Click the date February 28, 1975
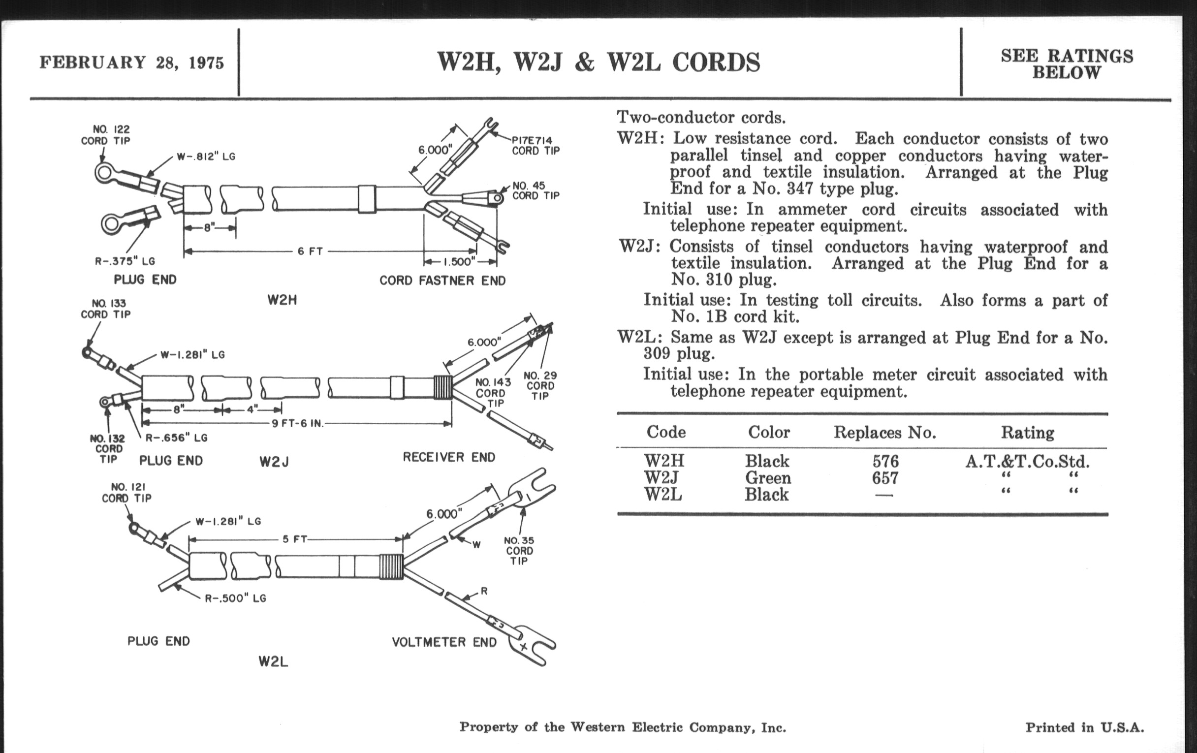pos(132,63)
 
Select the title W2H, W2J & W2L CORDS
pos(598,63)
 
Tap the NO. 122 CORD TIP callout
pos(105,135)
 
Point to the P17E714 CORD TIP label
pos(535,146)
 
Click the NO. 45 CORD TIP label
pos(535,191)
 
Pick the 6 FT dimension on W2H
pos(310,251)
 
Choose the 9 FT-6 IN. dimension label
pos(298,424)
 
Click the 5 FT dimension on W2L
pos(295,539)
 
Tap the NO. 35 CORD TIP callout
pos(519,551)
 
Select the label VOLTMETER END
pos(444,642)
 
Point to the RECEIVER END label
pos(448,457)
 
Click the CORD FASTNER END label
pos(442,281)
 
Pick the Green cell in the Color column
pos(767,478)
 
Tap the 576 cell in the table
pos(885,461)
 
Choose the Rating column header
pos(1027,433)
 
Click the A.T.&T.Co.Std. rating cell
pos(1027,462)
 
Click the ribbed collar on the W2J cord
pos(442,387)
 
